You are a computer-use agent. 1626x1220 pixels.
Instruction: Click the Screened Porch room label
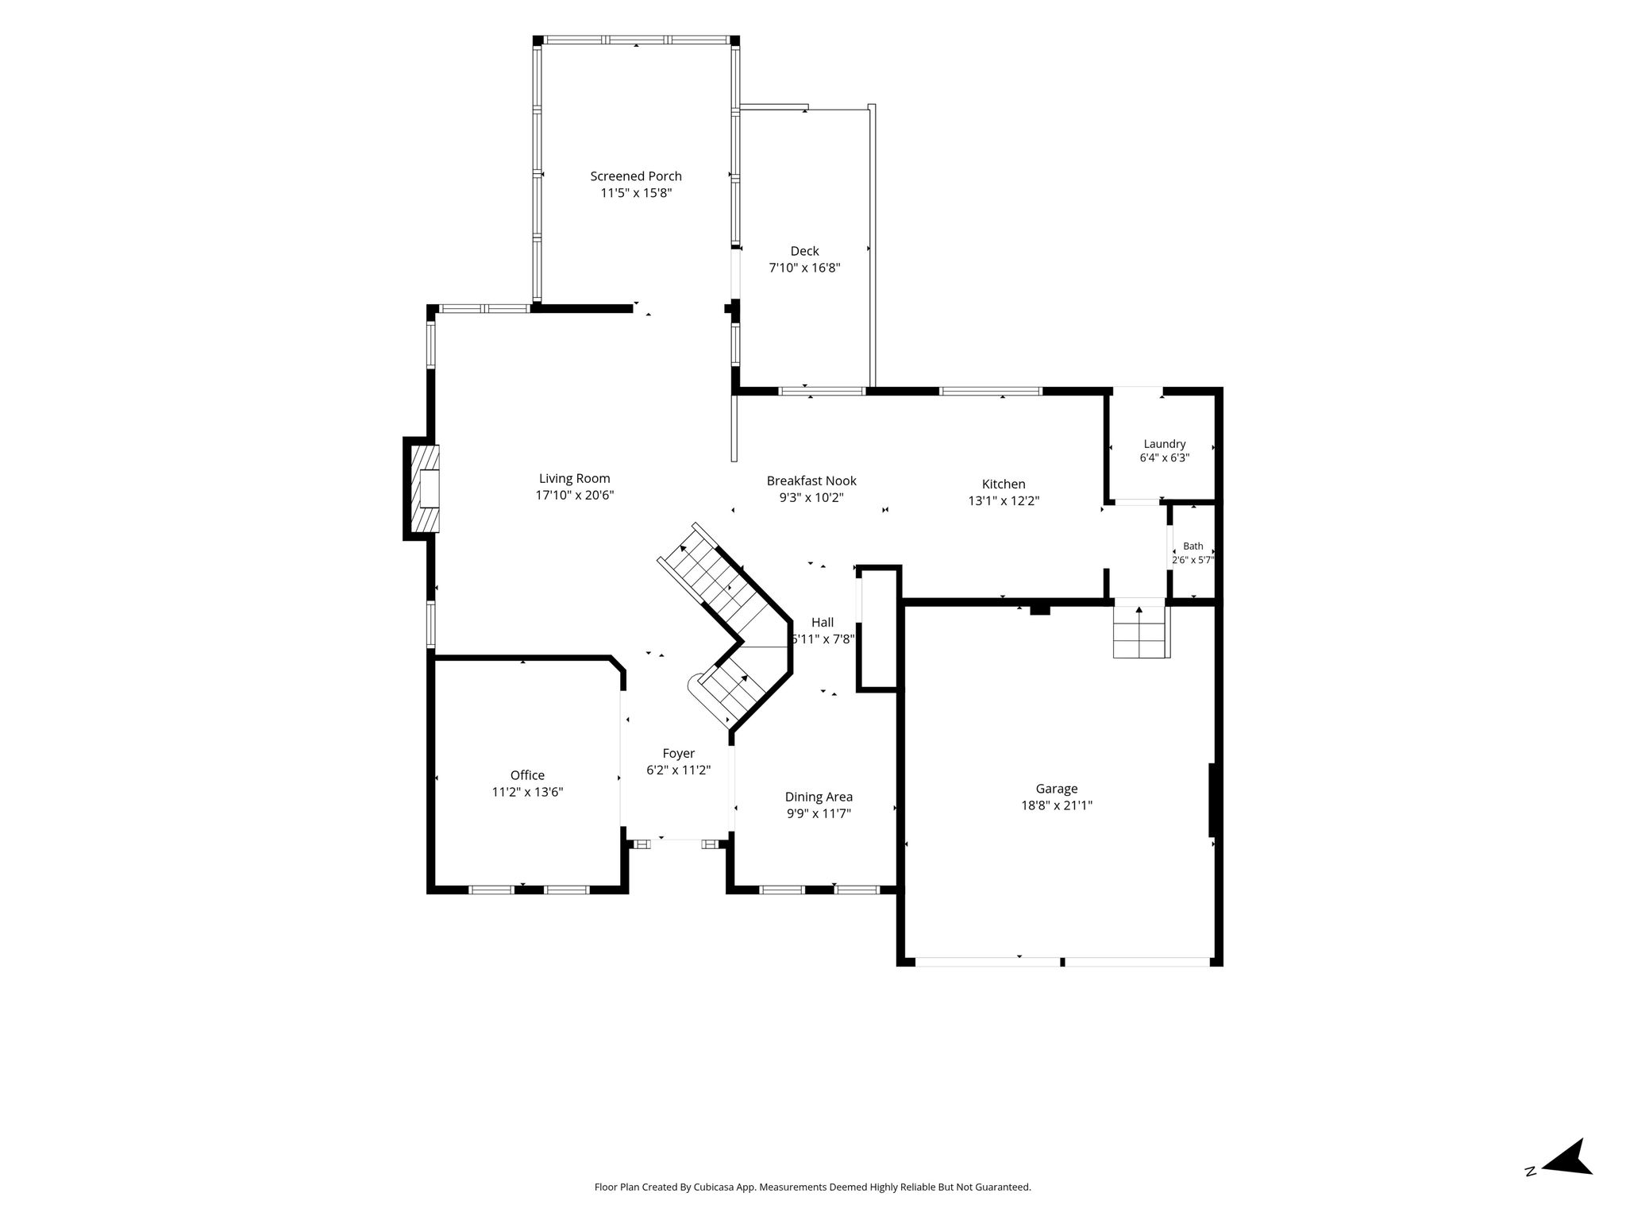pos(636,176)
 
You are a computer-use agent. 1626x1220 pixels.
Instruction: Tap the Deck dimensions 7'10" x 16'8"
pos(804,268)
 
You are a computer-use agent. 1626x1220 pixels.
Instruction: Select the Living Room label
pos(575,478)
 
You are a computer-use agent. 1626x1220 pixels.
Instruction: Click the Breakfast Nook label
pos(811,481)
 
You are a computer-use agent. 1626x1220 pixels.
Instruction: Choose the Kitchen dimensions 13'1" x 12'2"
pos(1004,500)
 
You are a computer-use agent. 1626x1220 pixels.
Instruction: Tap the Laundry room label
pos(1165,444)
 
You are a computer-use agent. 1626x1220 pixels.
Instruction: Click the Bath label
pos(1193,546)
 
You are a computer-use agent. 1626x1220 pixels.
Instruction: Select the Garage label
pos(1057,789)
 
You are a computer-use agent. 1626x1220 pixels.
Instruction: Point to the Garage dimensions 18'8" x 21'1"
pos(1057,805)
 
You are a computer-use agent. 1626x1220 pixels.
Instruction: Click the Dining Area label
pos(819,797)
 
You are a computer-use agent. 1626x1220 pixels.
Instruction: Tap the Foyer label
pos(679,754)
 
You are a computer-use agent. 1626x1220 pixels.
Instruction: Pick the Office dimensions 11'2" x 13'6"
pos(527,792)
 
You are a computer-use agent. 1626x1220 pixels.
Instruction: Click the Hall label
pos(823,623)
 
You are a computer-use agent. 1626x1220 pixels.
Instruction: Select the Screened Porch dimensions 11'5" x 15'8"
pos(636,193)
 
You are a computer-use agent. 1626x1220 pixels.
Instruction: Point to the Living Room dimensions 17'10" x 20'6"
pos(575,495)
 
